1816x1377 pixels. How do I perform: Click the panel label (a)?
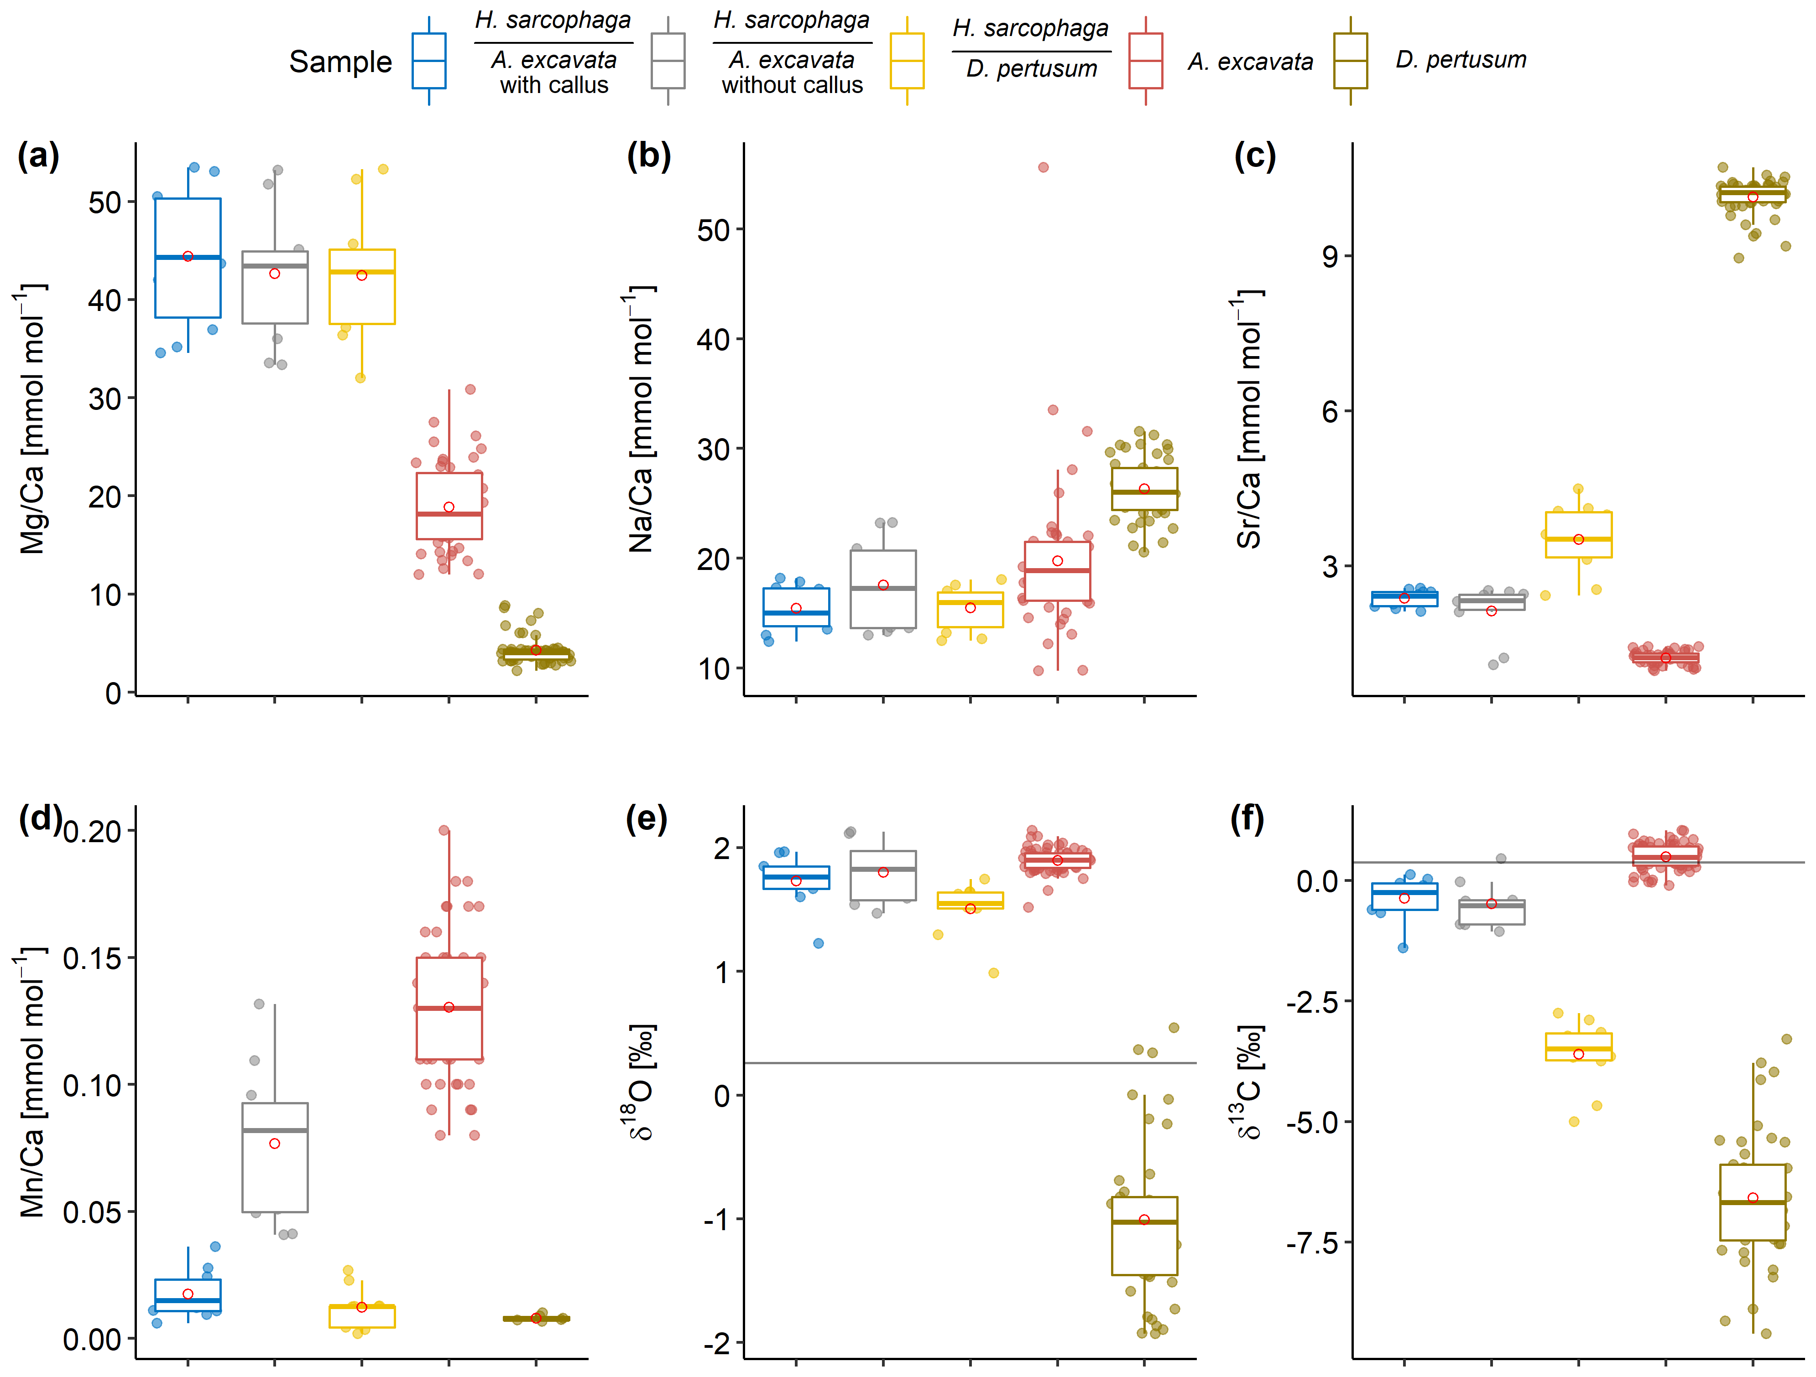[38, 156]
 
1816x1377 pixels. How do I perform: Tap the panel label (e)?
[646, 819]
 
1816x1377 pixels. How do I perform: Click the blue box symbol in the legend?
[428, 61]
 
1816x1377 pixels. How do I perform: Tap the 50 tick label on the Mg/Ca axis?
[105, 203]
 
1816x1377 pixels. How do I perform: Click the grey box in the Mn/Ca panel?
[275, 1157]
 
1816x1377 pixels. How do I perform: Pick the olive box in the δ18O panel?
[1144, 1235]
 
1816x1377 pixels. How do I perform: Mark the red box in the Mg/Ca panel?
[449, 506]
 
